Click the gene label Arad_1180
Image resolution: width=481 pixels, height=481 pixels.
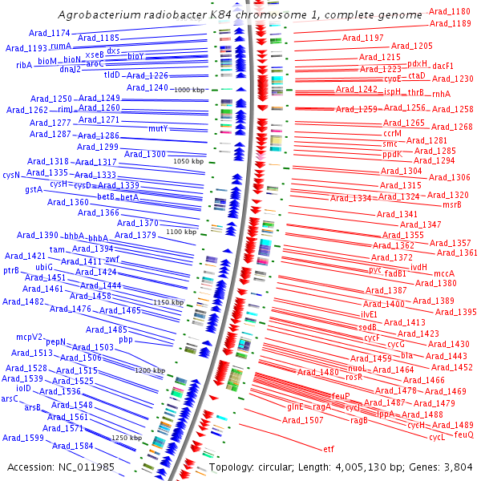450,12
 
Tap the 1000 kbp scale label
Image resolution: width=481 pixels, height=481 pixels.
189,89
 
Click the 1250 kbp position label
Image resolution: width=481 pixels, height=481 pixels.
127,438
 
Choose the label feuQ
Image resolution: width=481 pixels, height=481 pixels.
463,435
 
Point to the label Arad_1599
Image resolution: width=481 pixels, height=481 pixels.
22,439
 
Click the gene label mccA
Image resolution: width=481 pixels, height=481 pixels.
444,273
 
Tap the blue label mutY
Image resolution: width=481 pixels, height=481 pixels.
158,128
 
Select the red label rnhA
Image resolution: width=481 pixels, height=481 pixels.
441,94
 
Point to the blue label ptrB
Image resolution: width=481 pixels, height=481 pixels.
11,271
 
